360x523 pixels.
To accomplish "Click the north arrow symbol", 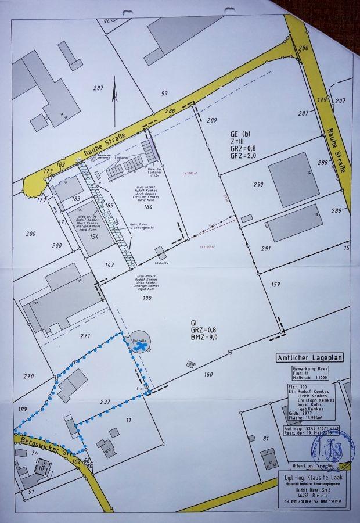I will click(114, 95).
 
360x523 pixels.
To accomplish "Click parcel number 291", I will click(266, 249).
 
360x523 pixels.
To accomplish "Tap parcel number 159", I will click(275, 284).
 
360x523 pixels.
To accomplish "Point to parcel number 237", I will click(105, 402).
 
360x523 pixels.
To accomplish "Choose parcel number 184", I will click(147, 207).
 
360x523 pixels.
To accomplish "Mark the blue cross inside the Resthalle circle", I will click(139, 346).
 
